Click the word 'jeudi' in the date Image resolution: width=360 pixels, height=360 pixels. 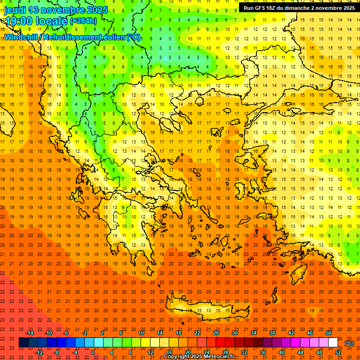coord(15,10)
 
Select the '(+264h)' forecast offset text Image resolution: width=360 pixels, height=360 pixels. coord(83,21)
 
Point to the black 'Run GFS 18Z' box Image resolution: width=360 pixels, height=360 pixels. coord(299,8)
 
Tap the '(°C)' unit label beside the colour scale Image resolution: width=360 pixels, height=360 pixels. coord(349,343)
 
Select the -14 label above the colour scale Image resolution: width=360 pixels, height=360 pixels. coord(30,333)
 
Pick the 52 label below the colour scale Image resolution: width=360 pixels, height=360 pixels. coord(338,352)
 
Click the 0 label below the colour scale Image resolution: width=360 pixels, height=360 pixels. coord(93,352)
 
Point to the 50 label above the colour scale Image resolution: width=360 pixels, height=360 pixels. coord(329,333)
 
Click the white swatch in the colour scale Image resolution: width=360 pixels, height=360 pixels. coord(333,343)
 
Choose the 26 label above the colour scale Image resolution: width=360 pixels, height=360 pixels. coord(216,333)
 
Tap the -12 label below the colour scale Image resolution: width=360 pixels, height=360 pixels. coord(39,352)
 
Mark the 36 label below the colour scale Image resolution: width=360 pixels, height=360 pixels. coord(263,352)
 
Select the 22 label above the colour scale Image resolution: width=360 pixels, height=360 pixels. coord(197,333)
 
